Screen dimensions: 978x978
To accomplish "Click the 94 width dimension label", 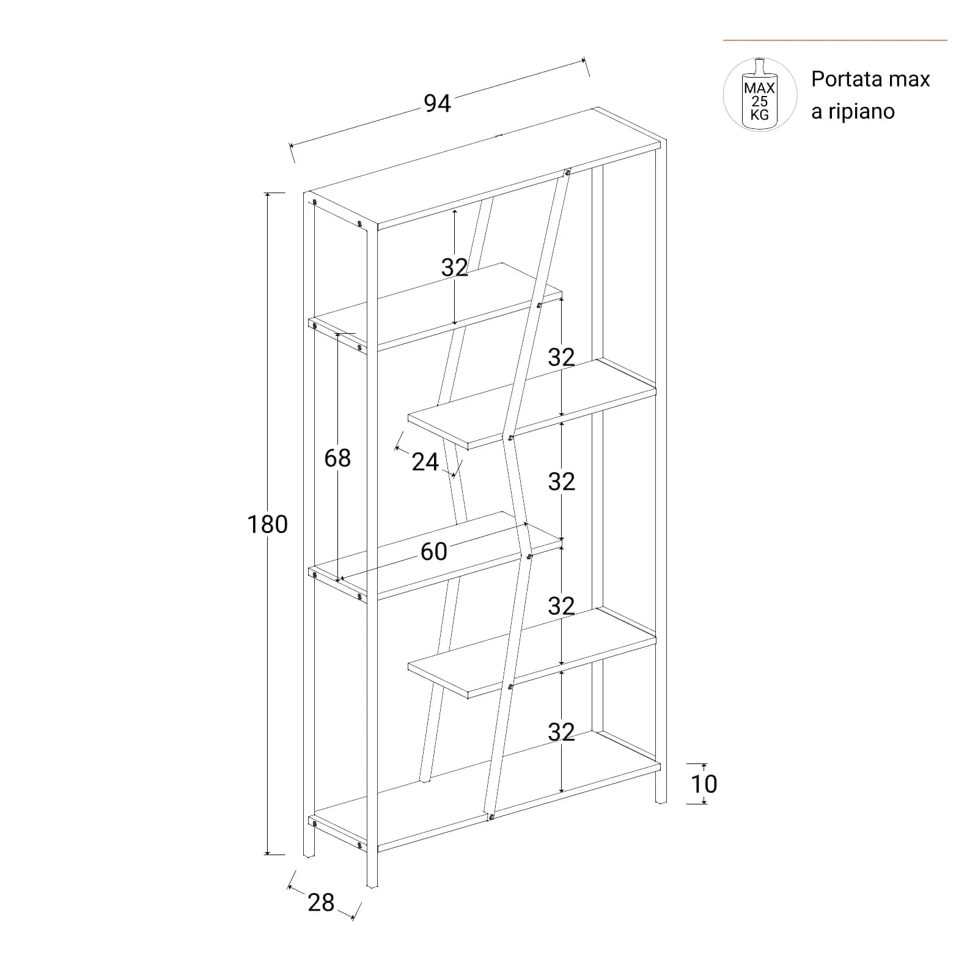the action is tap(438, 104).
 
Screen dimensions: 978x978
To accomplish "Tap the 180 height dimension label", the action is tap(267, 524).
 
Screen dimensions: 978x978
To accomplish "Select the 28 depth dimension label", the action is tap(321, 902).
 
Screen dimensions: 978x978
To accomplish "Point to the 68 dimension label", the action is tap(337, 458).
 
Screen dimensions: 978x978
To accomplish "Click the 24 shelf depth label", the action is tap(425, 462).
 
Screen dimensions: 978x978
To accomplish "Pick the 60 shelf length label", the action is tap(434, 551).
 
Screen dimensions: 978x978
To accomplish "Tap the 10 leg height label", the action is tap(704, 784).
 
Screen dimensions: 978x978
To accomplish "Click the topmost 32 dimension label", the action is tap(455, 267).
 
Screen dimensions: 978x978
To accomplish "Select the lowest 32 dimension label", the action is tap(561, 732).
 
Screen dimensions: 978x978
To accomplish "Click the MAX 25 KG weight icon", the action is tap(760, 95).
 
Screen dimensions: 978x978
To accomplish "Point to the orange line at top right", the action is tap(835, 40).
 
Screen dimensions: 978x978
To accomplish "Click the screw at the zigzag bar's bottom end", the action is tap(490, 817).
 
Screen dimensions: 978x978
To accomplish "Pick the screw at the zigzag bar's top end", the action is tap(567, 172).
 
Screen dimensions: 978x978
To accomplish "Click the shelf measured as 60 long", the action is tap(435, 555).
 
